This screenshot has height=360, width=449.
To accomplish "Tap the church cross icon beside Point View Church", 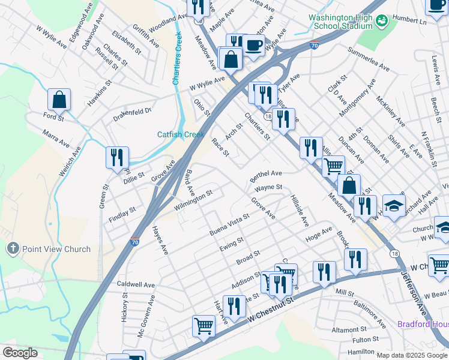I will pyautogui.click(x=12, y=248).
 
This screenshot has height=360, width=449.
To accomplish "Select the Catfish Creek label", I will pyautogui.click(x=181, y=134).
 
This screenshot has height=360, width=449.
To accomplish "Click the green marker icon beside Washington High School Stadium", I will pyautogui.click(x=381, y=22).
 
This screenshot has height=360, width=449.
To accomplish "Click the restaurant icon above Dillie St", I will pyautogui.click(x=116, y=158).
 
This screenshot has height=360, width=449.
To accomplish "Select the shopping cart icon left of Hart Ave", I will pyautogui.click(x=203, y=326).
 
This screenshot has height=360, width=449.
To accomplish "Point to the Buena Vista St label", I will pyautogui.click(x=229, y=224).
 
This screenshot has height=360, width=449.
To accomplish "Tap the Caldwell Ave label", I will pyautogui.click(x=136, y=284).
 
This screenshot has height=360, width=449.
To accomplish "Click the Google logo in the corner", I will pyautogui.click(x=20, y=352).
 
